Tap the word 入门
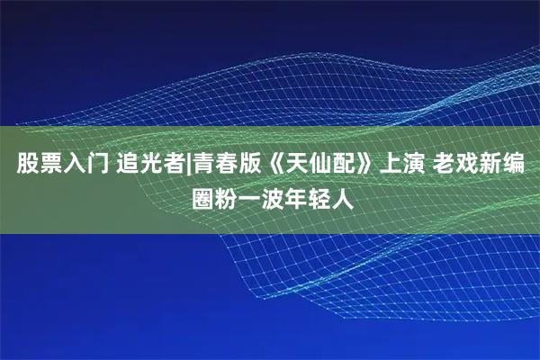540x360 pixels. [x=86, y=166]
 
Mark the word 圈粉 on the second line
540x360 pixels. [x=217, y=196]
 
